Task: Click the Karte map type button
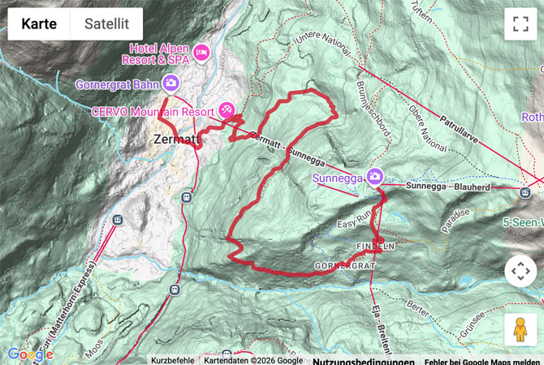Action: tap(39, 24)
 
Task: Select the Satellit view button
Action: tap(106, 24)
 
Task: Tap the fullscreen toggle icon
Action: tap(520, 24)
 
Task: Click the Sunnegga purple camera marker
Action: tap(374, 176)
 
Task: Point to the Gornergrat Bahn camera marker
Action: tap(171, 83)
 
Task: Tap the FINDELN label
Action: tap(375, 245)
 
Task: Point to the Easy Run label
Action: tap(354, 221)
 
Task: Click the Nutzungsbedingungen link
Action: tap(363, 361)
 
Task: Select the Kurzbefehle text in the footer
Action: tap(173, 361)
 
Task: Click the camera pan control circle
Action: tap(520, 271)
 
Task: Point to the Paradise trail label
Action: tap(455, 221)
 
